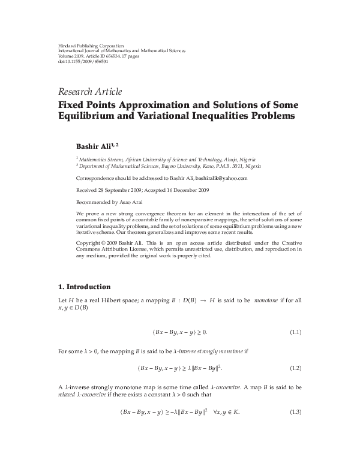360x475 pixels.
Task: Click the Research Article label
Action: pos(89,92)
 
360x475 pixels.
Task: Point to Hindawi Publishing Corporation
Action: pos(82,46)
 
